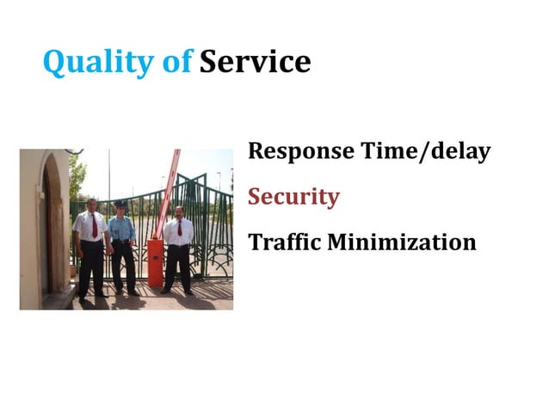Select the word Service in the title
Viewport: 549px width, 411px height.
(255, 62)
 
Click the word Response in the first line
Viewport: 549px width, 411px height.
(301, 153)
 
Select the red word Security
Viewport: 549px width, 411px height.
(293, 198)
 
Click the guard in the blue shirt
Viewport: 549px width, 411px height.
(122, 245)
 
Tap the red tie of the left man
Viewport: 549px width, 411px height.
(94, 225)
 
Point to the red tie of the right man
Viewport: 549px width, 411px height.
(179, 229)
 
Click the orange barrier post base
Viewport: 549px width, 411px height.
(155, 263)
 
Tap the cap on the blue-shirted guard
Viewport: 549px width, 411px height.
(120, 203)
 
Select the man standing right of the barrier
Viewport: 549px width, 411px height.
(179, 249)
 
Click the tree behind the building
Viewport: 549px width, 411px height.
(77, 176)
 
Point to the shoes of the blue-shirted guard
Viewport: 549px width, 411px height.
(125, 292)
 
